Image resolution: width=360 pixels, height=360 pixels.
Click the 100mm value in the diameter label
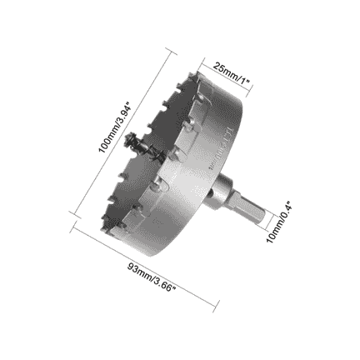(106, 142)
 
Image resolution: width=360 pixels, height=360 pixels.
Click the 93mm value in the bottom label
(139, 271)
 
